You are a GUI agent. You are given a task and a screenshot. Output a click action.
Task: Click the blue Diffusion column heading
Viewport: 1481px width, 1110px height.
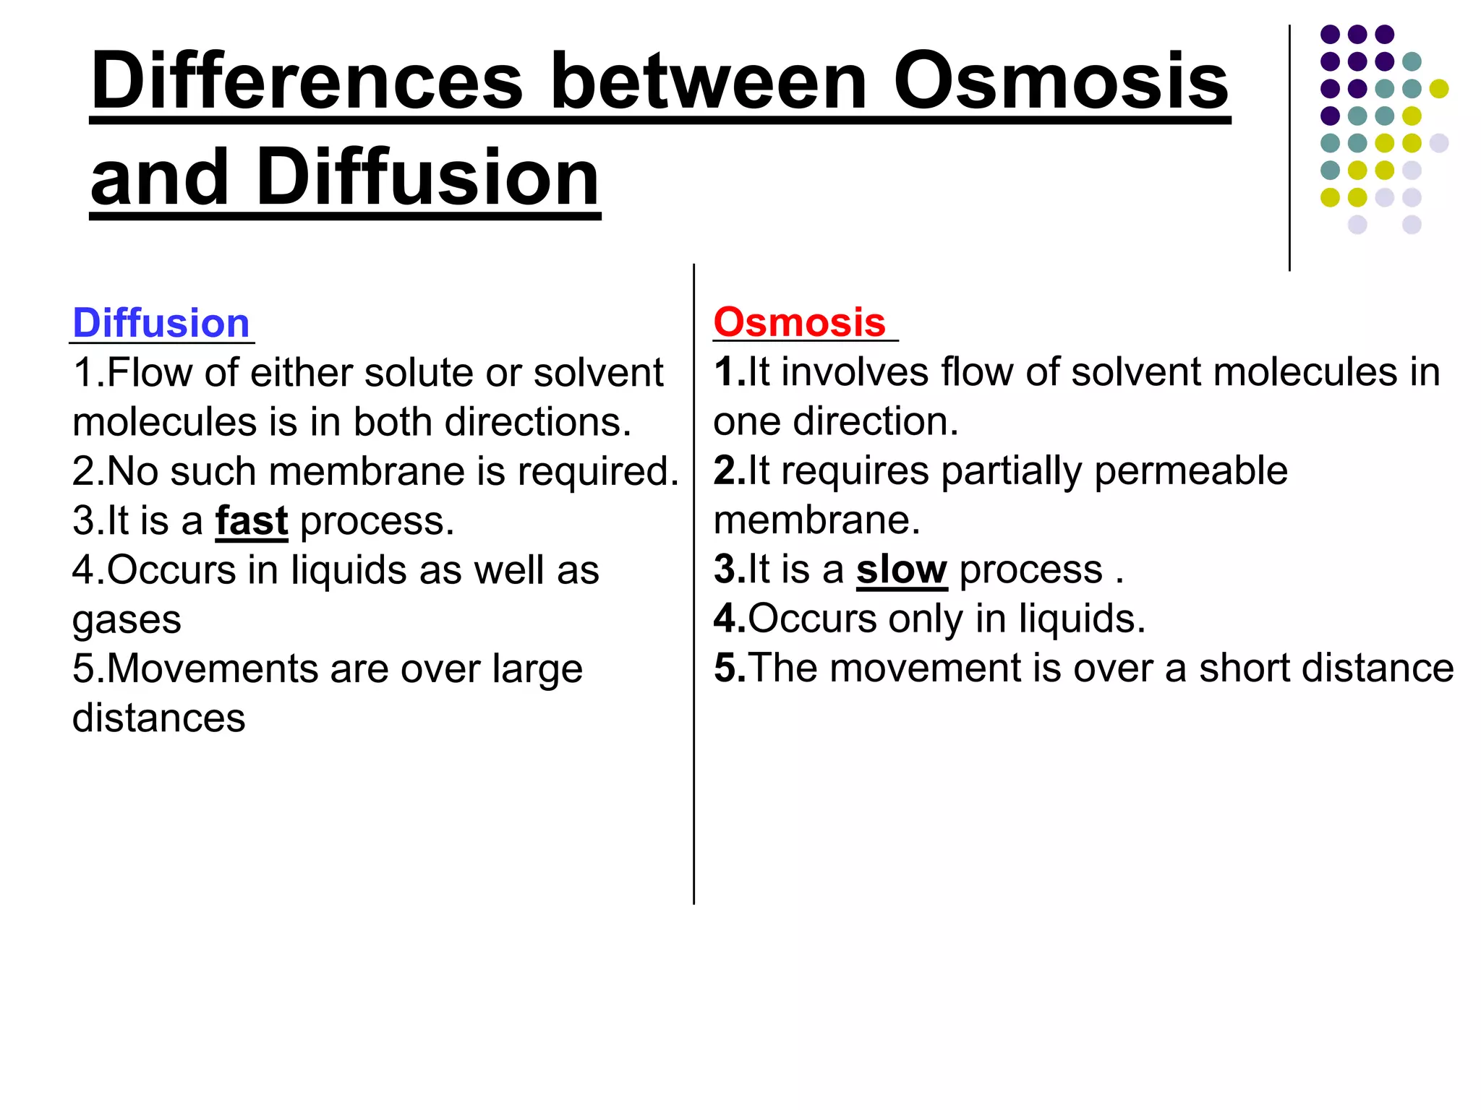[161, 322]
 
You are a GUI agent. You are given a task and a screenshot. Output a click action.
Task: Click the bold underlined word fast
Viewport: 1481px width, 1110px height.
[252, 520]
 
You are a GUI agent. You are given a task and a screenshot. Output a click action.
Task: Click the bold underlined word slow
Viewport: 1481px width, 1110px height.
[901, 569]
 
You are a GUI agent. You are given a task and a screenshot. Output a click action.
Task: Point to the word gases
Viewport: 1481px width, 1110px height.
[127, 620]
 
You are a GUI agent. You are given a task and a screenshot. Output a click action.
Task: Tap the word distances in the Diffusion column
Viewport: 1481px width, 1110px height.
[158, 718]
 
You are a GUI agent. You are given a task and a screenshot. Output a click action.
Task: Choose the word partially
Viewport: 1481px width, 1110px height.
[1011, 470]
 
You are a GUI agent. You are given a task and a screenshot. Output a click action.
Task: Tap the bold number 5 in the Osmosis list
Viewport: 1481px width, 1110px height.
[727, 668]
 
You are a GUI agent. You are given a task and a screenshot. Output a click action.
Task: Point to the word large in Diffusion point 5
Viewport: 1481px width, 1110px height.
[537, 669]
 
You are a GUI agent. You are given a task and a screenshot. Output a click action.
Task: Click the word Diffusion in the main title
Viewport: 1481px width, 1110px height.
[427, 177]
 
